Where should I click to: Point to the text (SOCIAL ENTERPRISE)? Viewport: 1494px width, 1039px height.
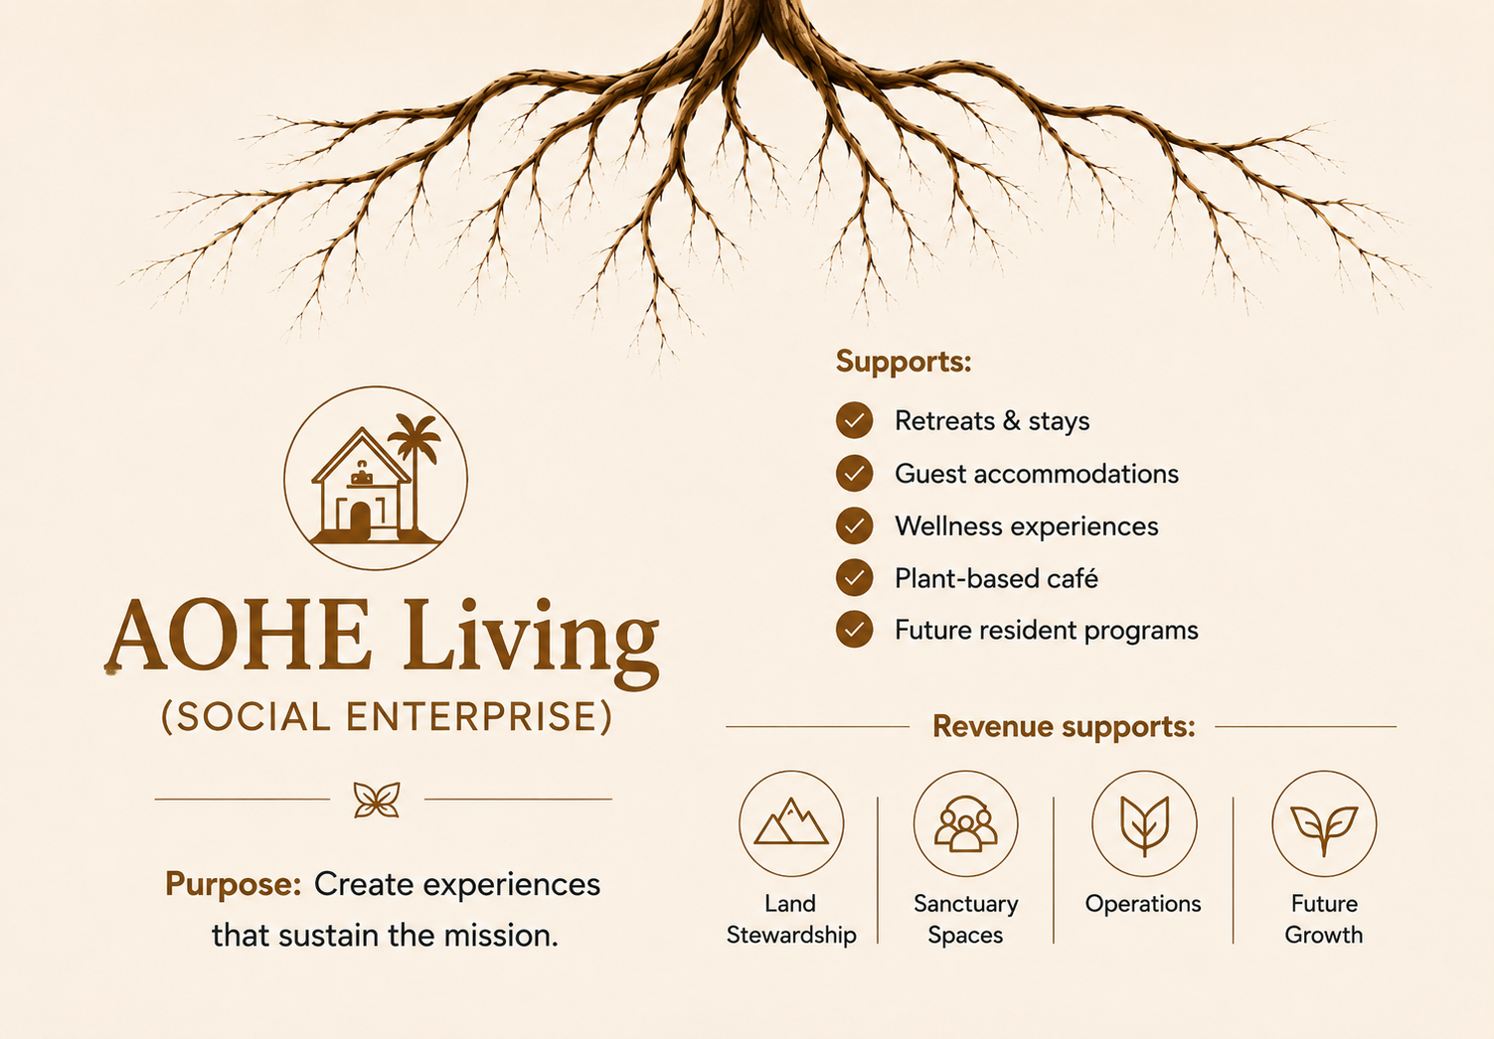point(386,717)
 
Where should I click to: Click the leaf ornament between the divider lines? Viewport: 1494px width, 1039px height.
point(377,799)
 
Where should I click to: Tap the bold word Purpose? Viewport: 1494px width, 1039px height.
point(233,885)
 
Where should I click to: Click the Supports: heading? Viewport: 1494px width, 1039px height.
point(904,362)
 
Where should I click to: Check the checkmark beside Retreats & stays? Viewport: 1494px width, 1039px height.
point(855,420)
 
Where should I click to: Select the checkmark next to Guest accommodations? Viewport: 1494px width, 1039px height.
point(855,473)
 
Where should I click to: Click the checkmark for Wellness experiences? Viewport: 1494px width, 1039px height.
point(855,525)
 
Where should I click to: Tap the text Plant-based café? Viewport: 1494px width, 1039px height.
point(996,578)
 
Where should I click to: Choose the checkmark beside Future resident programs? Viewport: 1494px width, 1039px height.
point(855,629)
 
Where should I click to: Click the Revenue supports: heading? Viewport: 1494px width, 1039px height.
point(1064,727)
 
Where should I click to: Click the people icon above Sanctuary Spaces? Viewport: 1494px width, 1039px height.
point(966,823)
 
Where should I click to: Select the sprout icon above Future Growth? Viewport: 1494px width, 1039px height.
point(1324,829)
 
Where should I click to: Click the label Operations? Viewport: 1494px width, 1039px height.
point(1143,904)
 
